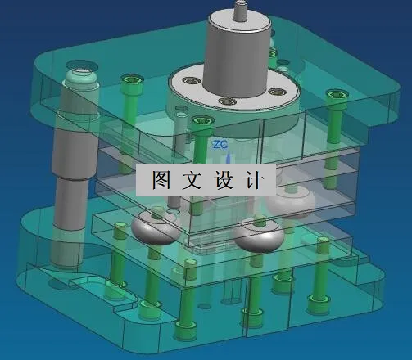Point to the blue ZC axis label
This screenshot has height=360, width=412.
point(220,144)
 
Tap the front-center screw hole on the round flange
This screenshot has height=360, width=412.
point(223,101)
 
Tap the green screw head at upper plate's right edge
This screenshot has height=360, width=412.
point(335,96)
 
